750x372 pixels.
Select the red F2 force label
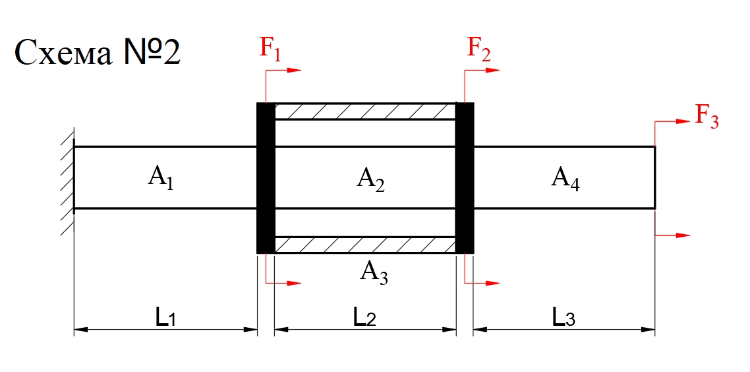479,48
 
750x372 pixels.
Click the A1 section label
161,178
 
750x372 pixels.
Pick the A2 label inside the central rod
370,179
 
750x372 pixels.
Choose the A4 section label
565,179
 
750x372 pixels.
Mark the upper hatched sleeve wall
364,111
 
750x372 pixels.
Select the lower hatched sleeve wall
364,245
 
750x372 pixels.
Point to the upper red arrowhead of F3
683,121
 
